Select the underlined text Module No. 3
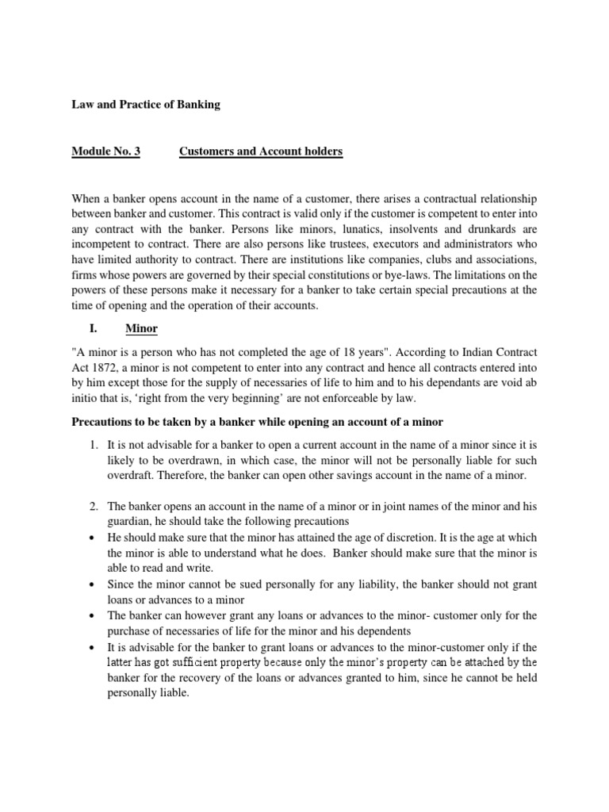[x=105, y=151]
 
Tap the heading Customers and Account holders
[x=261, y=151]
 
